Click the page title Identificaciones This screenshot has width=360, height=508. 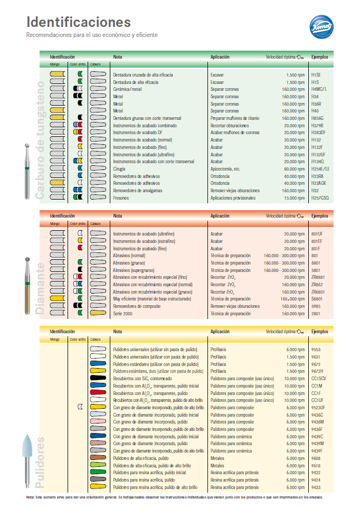[x=79, y=22]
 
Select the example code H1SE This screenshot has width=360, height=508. [x=316, y=75]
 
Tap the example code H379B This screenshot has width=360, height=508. [x=317, y=126]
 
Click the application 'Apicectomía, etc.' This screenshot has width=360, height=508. [x=225, y=169]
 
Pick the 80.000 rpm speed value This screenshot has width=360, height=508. [x=294, y=169]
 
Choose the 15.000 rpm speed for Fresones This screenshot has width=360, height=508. [x=294, y=198]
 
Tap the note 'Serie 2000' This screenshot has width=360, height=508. [x=123, y=313]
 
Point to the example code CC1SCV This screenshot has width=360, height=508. [x=319, y=379]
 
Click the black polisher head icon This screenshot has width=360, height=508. [x=98, y=379]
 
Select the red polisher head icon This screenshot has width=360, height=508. [x=98, y=393]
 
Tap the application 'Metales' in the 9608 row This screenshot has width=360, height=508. [x=217, y=458]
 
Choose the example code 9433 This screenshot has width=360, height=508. [x=316, y=487]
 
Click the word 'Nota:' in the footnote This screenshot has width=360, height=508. [x=30, y=497]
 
